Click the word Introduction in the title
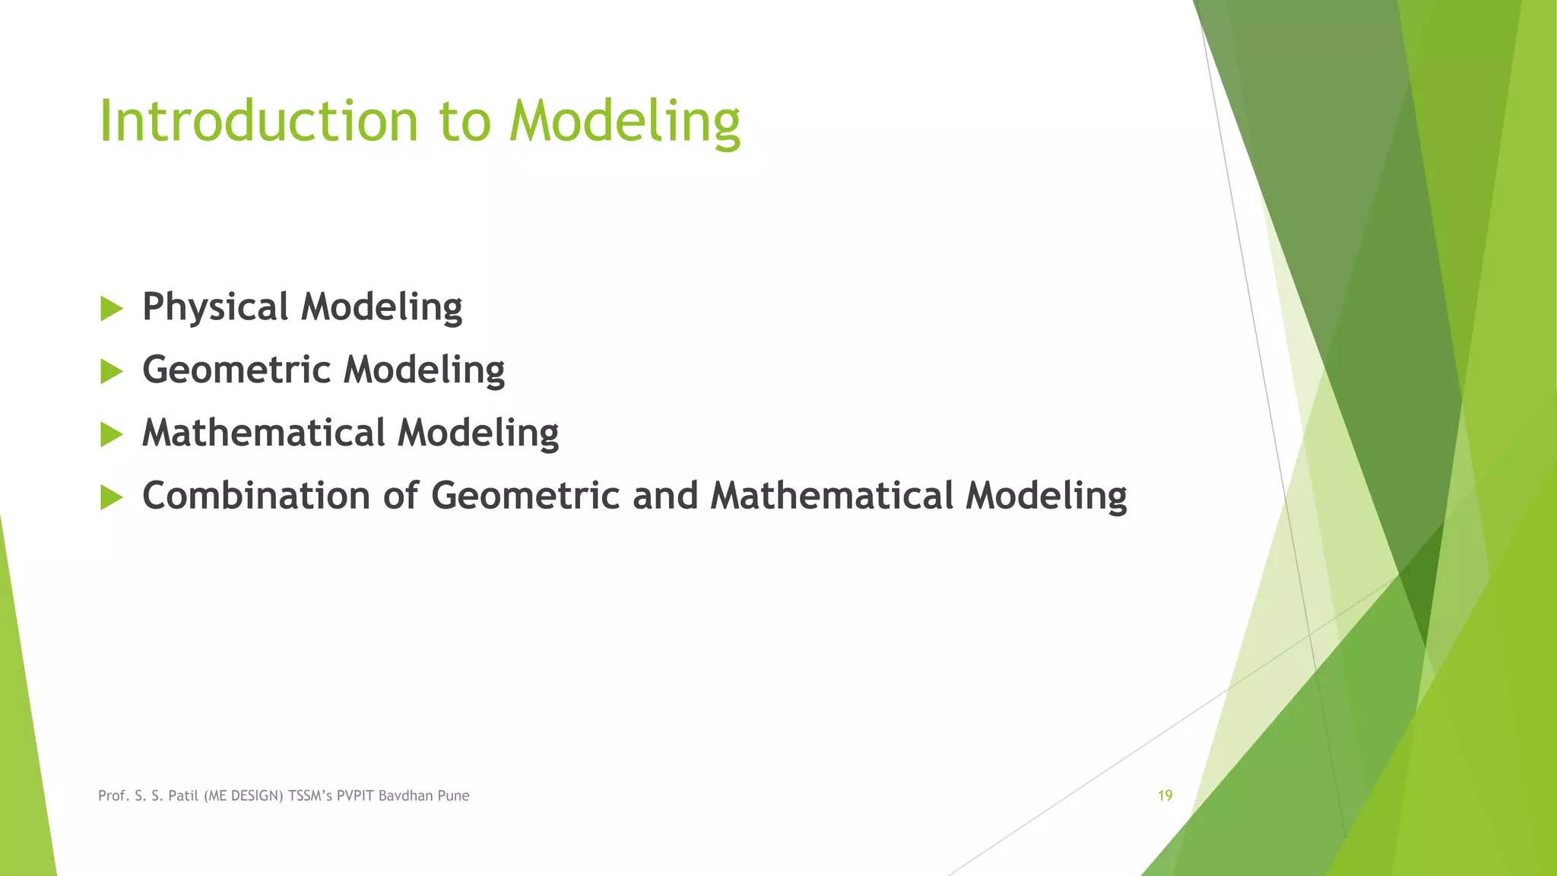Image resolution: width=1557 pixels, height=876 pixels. [x=258, y=122]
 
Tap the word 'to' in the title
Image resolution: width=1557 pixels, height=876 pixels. [x=465, y=122]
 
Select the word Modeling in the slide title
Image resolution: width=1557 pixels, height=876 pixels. [x=624, y=122]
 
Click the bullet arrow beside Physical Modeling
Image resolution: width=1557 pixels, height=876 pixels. [x=111, y=309]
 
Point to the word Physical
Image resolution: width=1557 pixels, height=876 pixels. [x=215, y=307]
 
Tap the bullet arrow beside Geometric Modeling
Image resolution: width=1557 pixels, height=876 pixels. [x=111, y=372]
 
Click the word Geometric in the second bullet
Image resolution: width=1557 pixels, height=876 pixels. [x=236, y=370]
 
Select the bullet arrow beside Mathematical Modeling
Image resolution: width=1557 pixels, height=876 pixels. [x=111, y=435]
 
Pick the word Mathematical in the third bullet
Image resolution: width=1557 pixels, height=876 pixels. [x=264, y=433]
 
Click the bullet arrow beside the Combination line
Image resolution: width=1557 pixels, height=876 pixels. [x=111, y=498]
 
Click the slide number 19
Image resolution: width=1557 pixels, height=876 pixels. [x=1165, y=795]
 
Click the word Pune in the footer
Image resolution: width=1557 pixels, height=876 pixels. [x=454, y=796]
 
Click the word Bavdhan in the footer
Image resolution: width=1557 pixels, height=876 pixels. [x=406, y=796]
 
